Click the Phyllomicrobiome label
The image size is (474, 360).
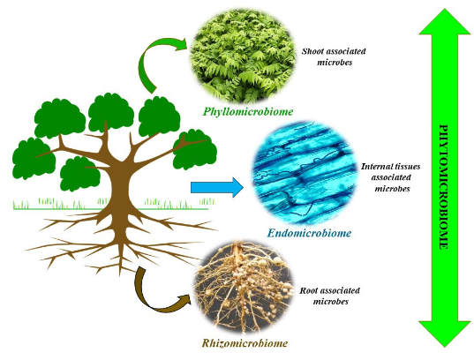[x=248, y=112]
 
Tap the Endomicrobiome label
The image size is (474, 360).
[x=309, y=233]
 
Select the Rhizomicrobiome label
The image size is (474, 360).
[x=245, y=343]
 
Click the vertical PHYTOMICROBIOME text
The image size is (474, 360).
[x=443, y=186]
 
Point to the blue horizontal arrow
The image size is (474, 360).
[x=217, y=187]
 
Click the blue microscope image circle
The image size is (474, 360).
[x=305, y=173]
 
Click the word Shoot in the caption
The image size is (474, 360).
[x=312, y=51]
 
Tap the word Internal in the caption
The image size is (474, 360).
[x=374, y=167]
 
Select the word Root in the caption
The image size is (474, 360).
[x=308, y=291]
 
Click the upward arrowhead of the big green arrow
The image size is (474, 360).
[x=445, y=22]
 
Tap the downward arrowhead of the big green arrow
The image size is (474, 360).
[x=445, y=334]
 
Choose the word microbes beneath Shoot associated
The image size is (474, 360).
[x=335, y=63]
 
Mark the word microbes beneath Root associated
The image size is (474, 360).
[x=330, y=302]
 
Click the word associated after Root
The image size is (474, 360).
[x=340, y=291]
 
